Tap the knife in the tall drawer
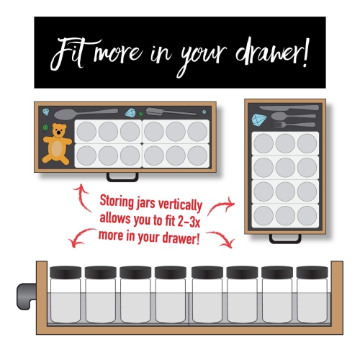tap(288, 108)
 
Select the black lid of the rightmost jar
tap(313, 273)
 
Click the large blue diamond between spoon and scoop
tap(131, 112)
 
